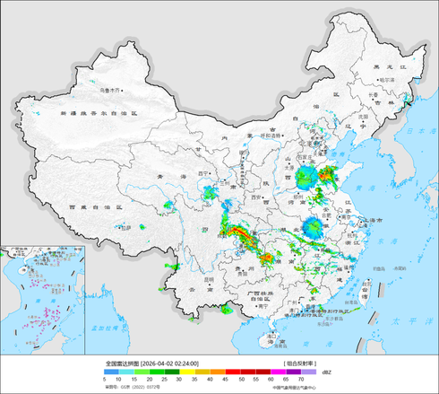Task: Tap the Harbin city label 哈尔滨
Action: [386, 80]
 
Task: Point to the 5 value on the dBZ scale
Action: [108, 380]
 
